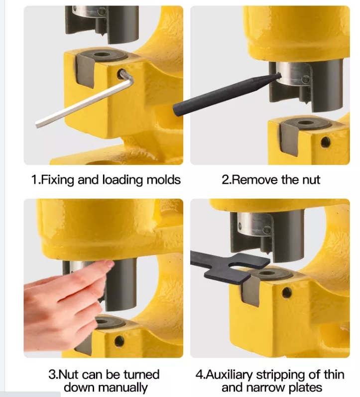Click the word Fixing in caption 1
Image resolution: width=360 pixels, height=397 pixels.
click(x=57, y=180)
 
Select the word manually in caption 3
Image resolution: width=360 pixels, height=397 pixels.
click(x=122, y=388)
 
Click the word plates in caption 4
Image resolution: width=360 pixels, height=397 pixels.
click(x=306, y=388)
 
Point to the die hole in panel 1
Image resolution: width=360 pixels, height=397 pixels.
click(x=102, y=55)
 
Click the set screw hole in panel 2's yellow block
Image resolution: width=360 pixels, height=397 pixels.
click(x=325, y=142)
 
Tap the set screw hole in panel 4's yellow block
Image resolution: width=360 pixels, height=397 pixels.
click(x=286, y=292)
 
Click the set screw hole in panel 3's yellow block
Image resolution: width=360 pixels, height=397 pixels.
click(x=119, y=341)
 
